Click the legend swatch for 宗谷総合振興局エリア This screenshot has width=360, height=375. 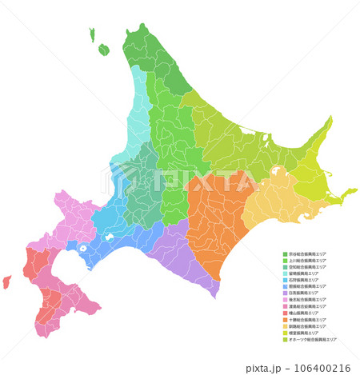pos(285,254)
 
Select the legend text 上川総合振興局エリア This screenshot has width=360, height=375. pos(308,261)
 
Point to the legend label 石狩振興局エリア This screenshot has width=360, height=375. pos(306,281)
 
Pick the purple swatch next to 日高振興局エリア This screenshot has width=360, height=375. pos(285,293)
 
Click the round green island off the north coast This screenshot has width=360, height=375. pos(104,50)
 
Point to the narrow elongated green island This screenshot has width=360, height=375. pos(93,34)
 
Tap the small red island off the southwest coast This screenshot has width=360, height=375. pos(6,281)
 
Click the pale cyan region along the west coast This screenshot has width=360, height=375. pos(138,128)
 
